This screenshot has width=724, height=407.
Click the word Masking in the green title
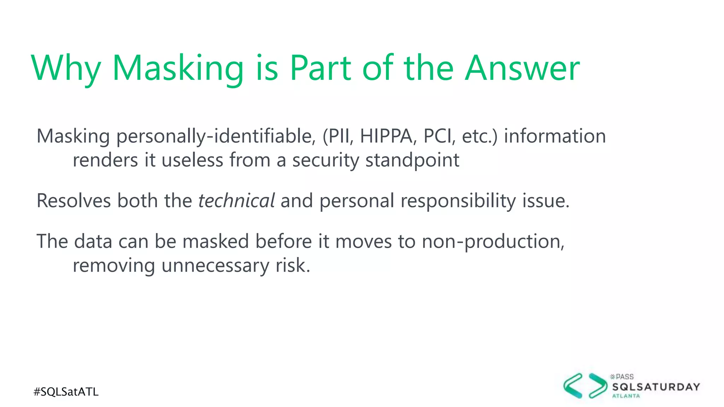[x=178, y=68]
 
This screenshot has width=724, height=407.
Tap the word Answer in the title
[x=522, y=68]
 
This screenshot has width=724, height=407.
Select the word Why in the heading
[x=66, y=68]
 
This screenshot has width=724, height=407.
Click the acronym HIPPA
[x=386, y=136]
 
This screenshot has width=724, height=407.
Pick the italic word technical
[x=236, y=201]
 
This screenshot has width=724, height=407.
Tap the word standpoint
[x=412, y=160]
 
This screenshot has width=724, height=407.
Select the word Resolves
[x=74, y=201]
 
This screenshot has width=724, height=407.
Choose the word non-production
[x=493, y=242]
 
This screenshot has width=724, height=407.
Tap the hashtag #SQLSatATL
[x=66, y=392]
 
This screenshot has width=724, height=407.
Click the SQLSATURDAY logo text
[x=656, y=387]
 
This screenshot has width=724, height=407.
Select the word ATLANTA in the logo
[x=626, y=396]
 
